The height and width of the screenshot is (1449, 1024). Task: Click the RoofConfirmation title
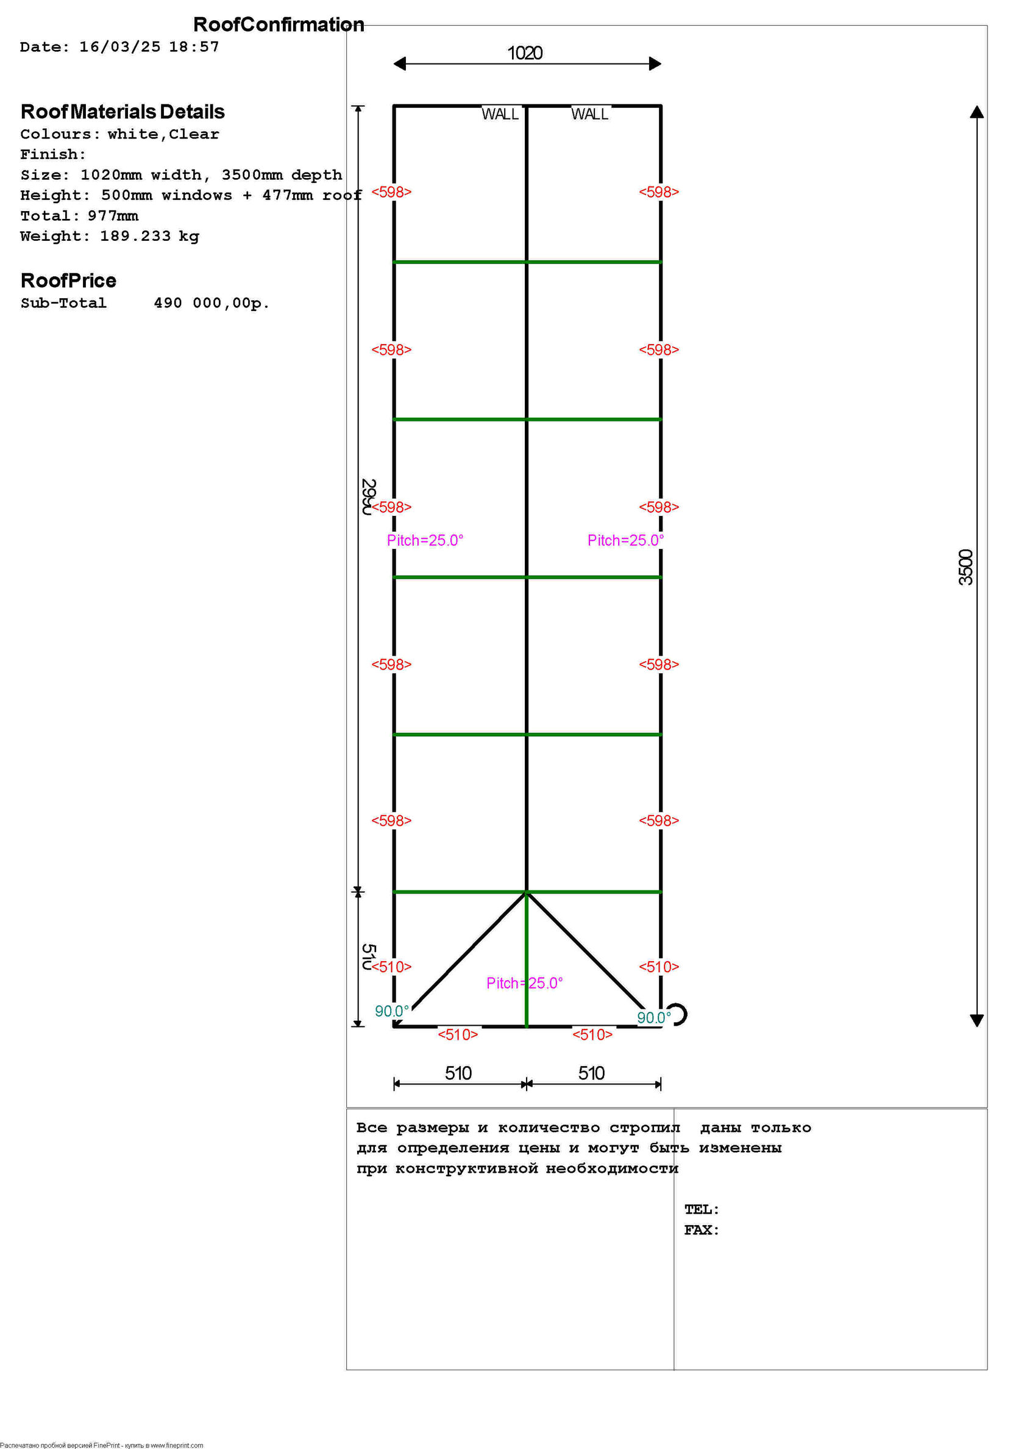click(x=278, y=24)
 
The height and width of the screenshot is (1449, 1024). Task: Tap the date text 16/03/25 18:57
click(x=149, y=47)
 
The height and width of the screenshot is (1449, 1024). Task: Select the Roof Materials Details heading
click(x=123, y=112)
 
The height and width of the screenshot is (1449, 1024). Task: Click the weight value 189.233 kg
click(x=149, y=236)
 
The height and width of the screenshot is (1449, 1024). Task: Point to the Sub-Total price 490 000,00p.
click(x=212, y=303)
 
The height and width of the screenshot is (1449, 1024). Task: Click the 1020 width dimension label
click(x=525, y=53)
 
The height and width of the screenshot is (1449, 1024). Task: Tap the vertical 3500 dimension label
click(x=966, y=567)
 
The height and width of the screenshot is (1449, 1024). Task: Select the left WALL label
click(x=500, y=114)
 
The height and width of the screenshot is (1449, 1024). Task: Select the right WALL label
click(x=589, y=114)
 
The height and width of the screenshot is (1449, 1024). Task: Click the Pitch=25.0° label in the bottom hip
click(x=524, y=983)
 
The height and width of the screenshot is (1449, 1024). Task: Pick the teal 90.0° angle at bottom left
click(x=391, y=1011)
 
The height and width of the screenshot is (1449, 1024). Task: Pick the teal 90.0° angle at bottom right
click(x=653, y=1017)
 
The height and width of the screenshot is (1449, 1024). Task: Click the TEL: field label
click(x=702, y=1209)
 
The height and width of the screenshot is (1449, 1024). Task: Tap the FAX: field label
click(x=702, y=1229)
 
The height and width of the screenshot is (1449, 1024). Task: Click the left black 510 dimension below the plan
click(x=458, y=1073)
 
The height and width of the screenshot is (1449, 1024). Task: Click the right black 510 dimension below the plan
click(x=591, y=1073)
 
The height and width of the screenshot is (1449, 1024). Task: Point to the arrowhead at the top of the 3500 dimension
click(x=976, y=112)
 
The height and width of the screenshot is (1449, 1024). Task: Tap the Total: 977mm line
click(x=79, y=216)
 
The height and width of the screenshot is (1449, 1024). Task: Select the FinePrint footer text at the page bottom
click(x=102, y=1445)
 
